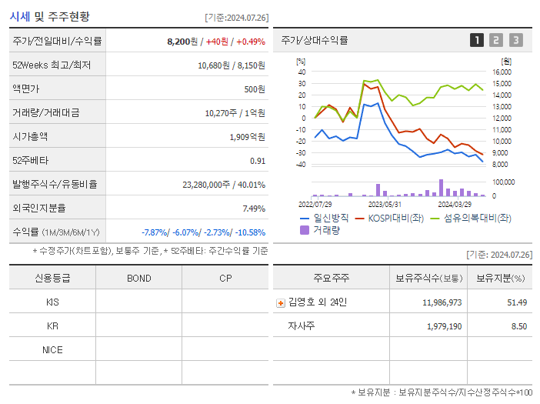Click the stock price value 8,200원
click(183, 41)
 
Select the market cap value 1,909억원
click(247, 137)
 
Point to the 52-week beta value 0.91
click(258, 161)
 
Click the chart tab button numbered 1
click(477, 40)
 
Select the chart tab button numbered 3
click(515, 40)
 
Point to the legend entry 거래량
click(326, 229)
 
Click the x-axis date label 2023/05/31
click(385, 204)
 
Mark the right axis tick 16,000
click(501, 72)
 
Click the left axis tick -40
click(302, 164)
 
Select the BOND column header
click(138, 278)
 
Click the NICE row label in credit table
click(52, 349)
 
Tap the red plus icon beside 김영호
click(281, 302)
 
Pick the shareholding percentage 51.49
click(517, 302)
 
